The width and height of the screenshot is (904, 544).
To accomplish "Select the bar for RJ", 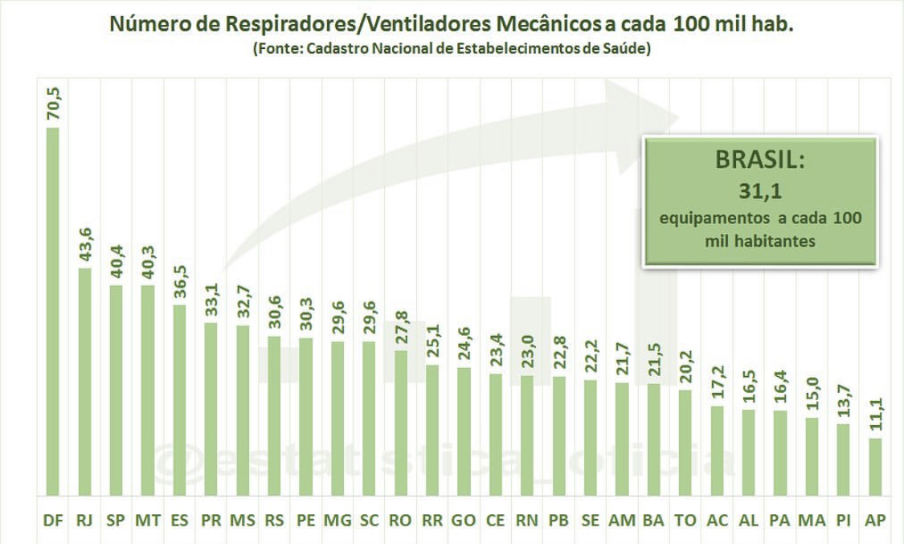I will pos(84,382).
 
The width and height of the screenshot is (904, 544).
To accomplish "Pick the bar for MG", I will pos(337,419).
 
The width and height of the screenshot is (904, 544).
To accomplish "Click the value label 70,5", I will pos(54,103).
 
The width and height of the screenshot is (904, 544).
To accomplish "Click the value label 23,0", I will pos(526,350).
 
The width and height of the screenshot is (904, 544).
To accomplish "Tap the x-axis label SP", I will pos(116,521).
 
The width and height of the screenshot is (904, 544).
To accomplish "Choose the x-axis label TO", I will pos(685,521).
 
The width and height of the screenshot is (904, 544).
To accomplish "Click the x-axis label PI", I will pos(843,521).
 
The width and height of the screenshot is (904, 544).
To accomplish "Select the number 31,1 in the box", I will pos(758,192).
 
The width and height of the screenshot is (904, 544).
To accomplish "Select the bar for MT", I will pos(147,390).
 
